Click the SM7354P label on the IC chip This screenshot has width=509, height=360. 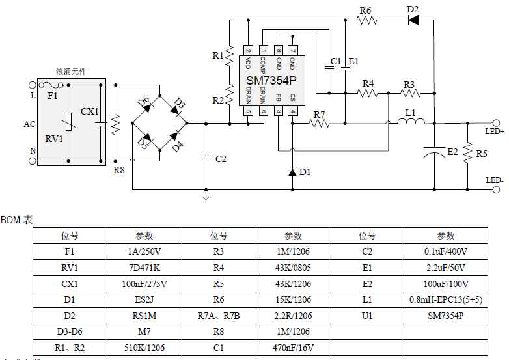click(x=271, y=81)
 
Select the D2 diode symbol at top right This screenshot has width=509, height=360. click(x=413, y=20)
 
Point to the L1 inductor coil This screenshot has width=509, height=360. click(x=410, y=121)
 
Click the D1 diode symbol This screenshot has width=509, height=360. click(x=292, y=172)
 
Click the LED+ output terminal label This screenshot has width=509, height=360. click(x=495, y=132)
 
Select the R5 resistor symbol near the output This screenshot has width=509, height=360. click(x=466, y=154)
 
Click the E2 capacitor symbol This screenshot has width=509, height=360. click(x=434, y=154)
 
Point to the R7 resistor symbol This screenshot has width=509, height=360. click(x=319, y=123)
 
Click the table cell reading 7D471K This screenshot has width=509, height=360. click(x=144, y=268)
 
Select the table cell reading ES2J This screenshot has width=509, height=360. click(x=144, y=299)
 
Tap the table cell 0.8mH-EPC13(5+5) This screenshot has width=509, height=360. click(x=446, y=299)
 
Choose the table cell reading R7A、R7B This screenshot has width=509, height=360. click(x=219, y=316)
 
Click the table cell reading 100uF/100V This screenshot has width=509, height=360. click(x=446, y=284)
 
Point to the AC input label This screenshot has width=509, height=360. click(x=29, y=124)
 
